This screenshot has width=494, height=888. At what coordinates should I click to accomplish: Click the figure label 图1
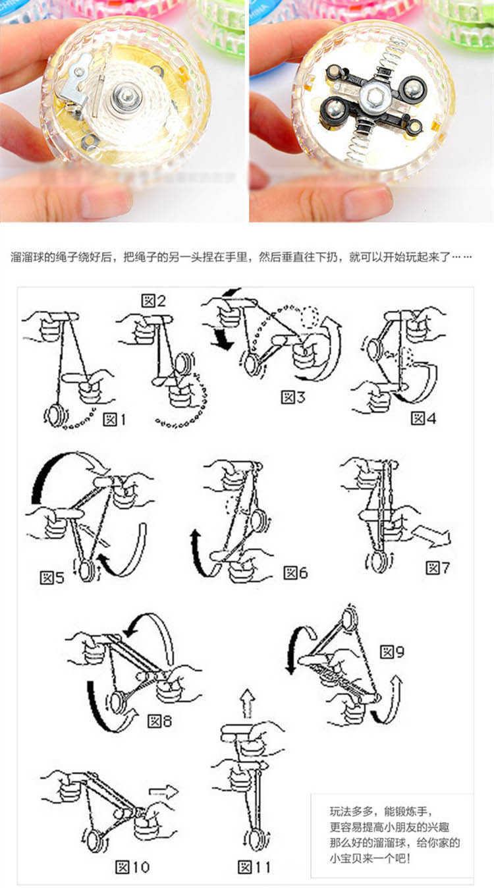tap(113, 420)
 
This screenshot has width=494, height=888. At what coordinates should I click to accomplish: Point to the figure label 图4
tap(422, 418)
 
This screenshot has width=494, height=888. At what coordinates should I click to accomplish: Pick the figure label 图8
tap(159, 721)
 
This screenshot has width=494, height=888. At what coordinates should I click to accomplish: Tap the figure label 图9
tap(392, 653)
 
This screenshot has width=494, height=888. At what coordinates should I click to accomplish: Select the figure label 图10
tap(132, 867)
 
